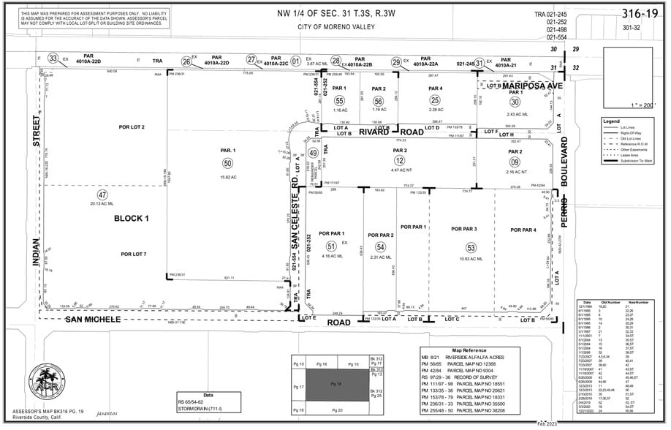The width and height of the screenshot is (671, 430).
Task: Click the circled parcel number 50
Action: click(227, 163)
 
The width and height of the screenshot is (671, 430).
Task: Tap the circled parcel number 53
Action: click(471, 248)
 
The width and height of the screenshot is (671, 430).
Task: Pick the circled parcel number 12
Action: click(399, 160)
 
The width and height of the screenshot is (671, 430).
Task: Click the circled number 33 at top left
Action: click(53, 59)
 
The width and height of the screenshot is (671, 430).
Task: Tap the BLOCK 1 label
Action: click(132, 218)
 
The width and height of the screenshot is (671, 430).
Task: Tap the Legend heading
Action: click(612, 120)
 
